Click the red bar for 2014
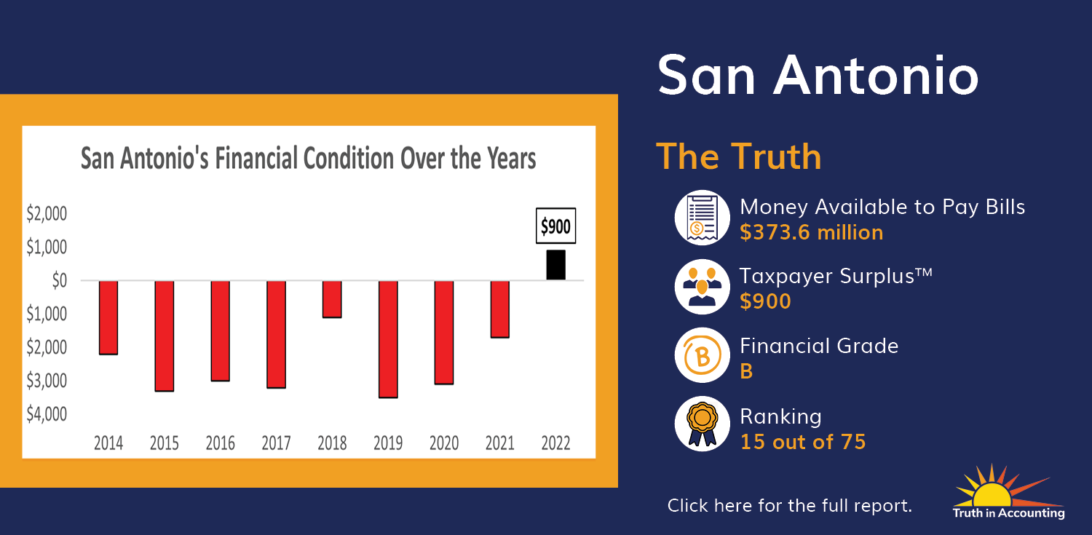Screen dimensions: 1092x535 pos(108,317)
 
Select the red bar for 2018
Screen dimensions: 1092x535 pos(332,299)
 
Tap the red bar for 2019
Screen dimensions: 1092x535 pos(388,340)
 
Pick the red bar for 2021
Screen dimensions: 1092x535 pos(499,309)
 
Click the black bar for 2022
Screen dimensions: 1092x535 pos(555,264)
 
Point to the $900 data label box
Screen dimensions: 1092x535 pos(555,226)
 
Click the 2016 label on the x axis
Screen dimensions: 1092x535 pos(221,443)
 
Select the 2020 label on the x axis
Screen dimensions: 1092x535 pos(444,443)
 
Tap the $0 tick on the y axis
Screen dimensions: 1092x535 pos(60,280)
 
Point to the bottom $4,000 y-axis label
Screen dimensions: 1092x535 pos(47,413)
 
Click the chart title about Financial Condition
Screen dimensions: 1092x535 pos(308,159)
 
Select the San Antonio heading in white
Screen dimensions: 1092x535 pos(818,76)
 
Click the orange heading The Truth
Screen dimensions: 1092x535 pos(739,156)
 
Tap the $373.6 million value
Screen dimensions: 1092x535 pos(811,232)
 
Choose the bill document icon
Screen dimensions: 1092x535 pos(702,218)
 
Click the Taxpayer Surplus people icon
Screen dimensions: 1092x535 pos(702,287)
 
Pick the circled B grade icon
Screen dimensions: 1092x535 pos(702,355)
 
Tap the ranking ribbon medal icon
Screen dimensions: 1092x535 pos(702,424)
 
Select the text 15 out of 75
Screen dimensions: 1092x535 pos(803,442)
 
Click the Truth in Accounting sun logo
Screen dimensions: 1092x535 pos(1008,491)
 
